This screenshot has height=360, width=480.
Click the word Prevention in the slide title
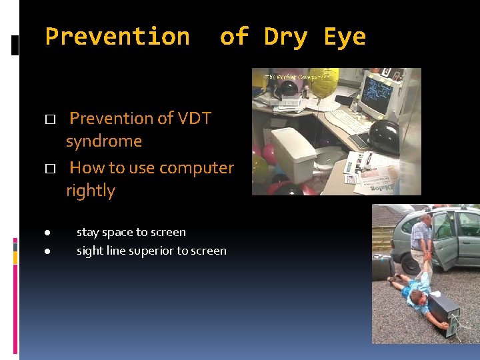[117, 37]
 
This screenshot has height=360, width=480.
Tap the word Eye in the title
[345, 37]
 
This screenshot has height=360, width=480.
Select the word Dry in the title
[286, 37]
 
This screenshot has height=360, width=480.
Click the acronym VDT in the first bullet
[195, 119]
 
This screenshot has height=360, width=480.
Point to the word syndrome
[104, 141]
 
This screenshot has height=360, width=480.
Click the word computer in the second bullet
[202, 167]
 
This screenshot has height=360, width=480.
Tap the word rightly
[91, 191]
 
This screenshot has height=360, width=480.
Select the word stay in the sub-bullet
[88, 233]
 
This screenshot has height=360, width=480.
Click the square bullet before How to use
[49, 169]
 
